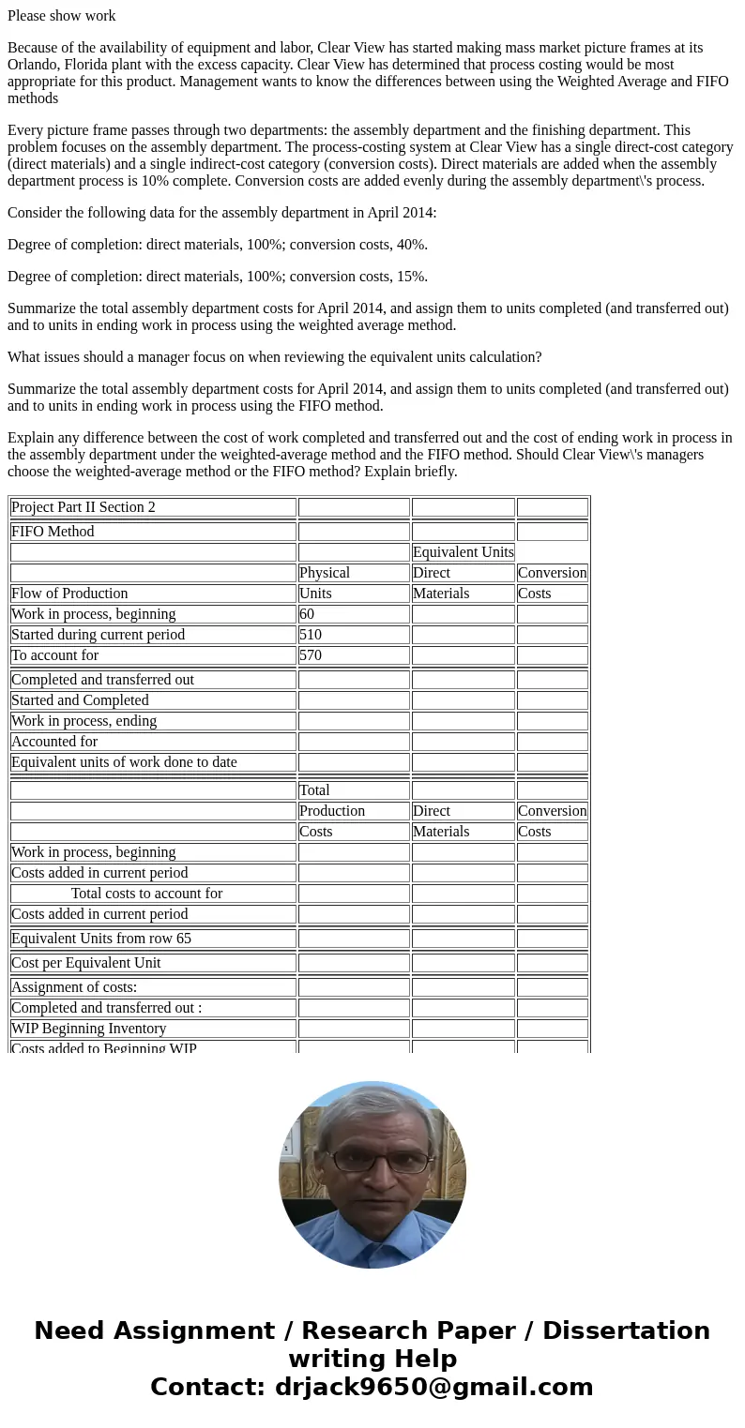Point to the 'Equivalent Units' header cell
[463, 552]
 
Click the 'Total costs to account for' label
[146, 894]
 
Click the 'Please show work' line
[62, 16]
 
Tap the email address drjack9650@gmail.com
[433, 1387]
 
